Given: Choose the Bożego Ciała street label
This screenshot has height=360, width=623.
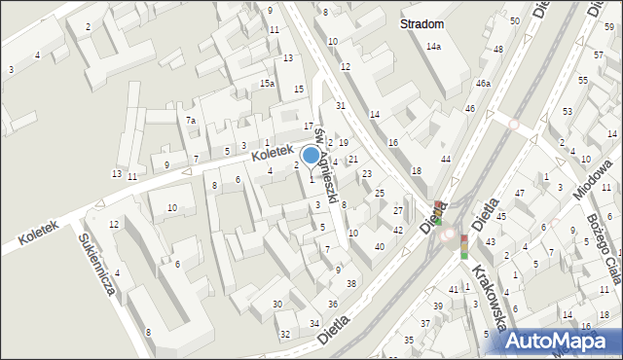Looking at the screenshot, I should (x=605, y=249).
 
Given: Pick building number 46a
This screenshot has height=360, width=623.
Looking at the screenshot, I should (x=483, y=85).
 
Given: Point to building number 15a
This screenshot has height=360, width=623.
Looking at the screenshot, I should (x=267, y=84).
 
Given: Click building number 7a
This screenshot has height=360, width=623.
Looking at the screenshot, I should (x=192, y=121).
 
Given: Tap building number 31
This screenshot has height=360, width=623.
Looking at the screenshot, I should (x=341, y=105).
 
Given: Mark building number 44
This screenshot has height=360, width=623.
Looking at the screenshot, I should (x=446, y=159).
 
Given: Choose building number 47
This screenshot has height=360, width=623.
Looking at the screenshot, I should (x=519, y=194).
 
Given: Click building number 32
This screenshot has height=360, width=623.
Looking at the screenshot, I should (x=284, y=334).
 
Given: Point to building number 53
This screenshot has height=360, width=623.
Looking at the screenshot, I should (x=568, y=113).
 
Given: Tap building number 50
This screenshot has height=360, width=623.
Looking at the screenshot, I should (x=514, y=20).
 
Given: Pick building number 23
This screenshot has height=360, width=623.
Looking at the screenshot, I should (x=366, y=173).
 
